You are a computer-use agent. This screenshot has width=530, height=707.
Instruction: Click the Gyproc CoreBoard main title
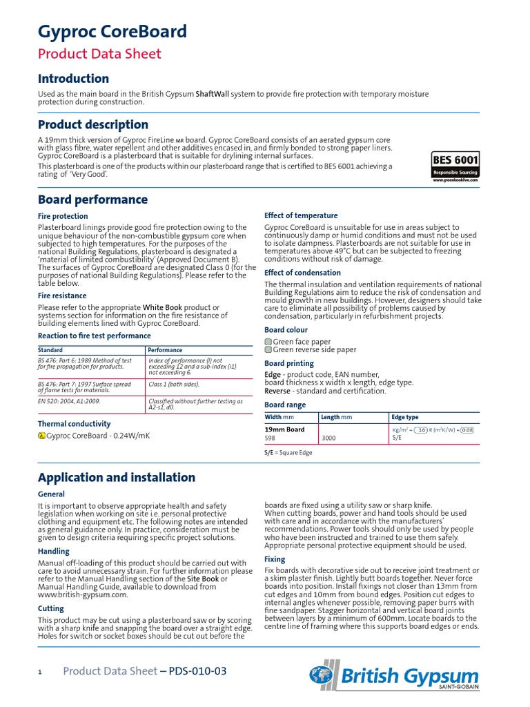pyautogui.click(x=112, y=32)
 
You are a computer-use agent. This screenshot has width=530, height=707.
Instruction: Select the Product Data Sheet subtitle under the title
pyautogui.click(x=99, y=54)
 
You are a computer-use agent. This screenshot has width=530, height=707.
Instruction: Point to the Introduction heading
pyautogui.click(x=73, y=79)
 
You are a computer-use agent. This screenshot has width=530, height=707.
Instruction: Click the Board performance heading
pyautogui.click(x=92, y=200)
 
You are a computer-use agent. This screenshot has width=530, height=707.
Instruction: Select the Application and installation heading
pyautogui.click(x=116, y=478)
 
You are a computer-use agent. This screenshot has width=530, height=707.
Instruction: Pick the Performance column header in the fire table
pyautogui.click(x=166, y=351)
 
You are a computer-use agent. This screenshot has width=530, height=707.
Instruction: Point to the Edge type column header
pyautogui.click(x=405, y=418)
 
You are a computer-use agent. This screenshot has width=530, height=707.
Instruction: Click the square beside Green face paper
pyautogui.click(x=268, y=342)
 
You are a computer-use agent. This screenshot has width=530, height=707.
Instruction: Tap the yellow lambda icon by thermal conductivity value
pyautogui.click(x=41, y=436)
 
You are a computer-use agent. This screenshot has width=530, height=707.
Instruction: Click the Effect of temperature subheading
pyautogui.click(x=301, y=215)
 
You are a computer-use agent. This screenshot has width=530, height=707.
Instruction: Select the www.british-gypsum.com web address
pyautogui.click(x=83, y=594)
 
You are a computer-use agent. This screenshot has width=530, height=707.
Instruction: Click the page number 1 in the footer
pyautogui.click(x=40, y=672)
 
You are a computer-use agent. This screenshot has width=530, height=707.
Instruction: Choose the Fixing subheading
pyautogui.click(x=275, y=559)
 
